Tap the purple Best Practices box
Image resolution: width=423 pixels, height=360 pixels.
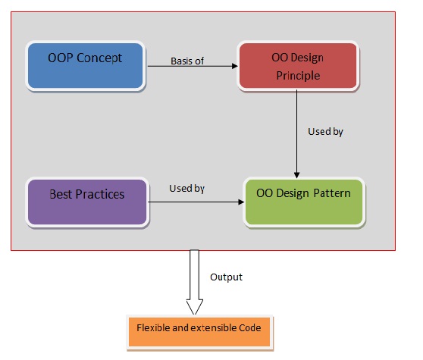tap(86, 201)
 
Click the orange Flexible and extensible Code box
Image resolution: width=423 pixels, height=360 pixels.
tap(199, 330)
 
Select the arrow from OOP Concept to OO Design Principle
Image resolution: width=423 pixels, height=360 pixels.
tap(193, 67)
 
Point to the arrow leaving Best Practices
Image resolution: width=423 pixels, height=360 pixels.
tap(195, 202)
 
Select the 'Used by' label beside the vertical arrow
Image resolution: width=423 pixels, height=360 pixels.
tap(325, 132)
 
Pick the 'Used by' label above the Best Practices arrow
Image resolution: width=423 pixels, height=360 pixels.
tap(186, 188)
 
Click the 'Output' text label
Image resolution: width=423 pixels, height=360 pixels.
tap(226, 277)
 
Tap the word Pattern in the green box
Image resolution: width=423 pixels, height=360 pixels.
tap(331, 194)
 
